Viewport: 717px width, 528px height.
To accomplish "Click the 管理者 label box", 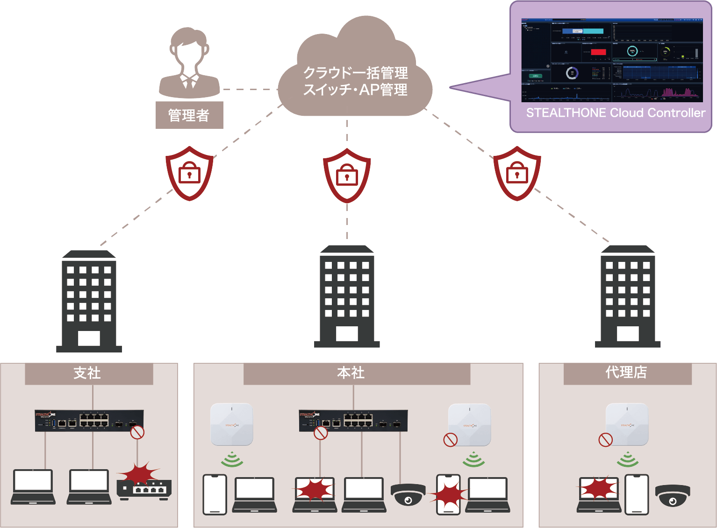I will coord(189,115).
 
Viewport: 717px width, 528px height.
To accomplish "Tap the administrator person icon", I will coord(189,63).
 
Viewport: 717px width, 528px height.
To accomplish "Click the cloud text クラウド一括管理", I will coord(355,73).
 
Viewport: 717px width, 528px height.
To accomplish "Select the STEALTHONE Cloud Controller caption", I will coord(616,113).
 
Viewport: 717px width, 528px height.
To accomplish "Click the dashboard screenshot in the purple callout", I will coord(612,60).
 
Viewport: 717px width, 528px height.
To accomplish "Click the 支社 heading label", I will coord(89,373).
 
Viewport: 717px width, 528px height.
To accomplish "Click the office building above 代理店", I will coord(628,296).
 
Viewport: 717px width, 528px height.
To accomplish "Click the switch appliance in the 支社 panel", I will coord(89,420).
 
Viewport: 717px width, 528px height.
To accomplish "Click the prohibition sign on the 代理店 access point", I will coord(606,440).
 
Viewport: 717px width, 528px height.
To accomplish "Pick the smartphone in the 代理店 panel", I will coord(637,494).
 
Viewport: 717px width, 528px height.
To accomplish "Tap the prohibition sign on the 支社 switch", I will coord(137,432).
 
